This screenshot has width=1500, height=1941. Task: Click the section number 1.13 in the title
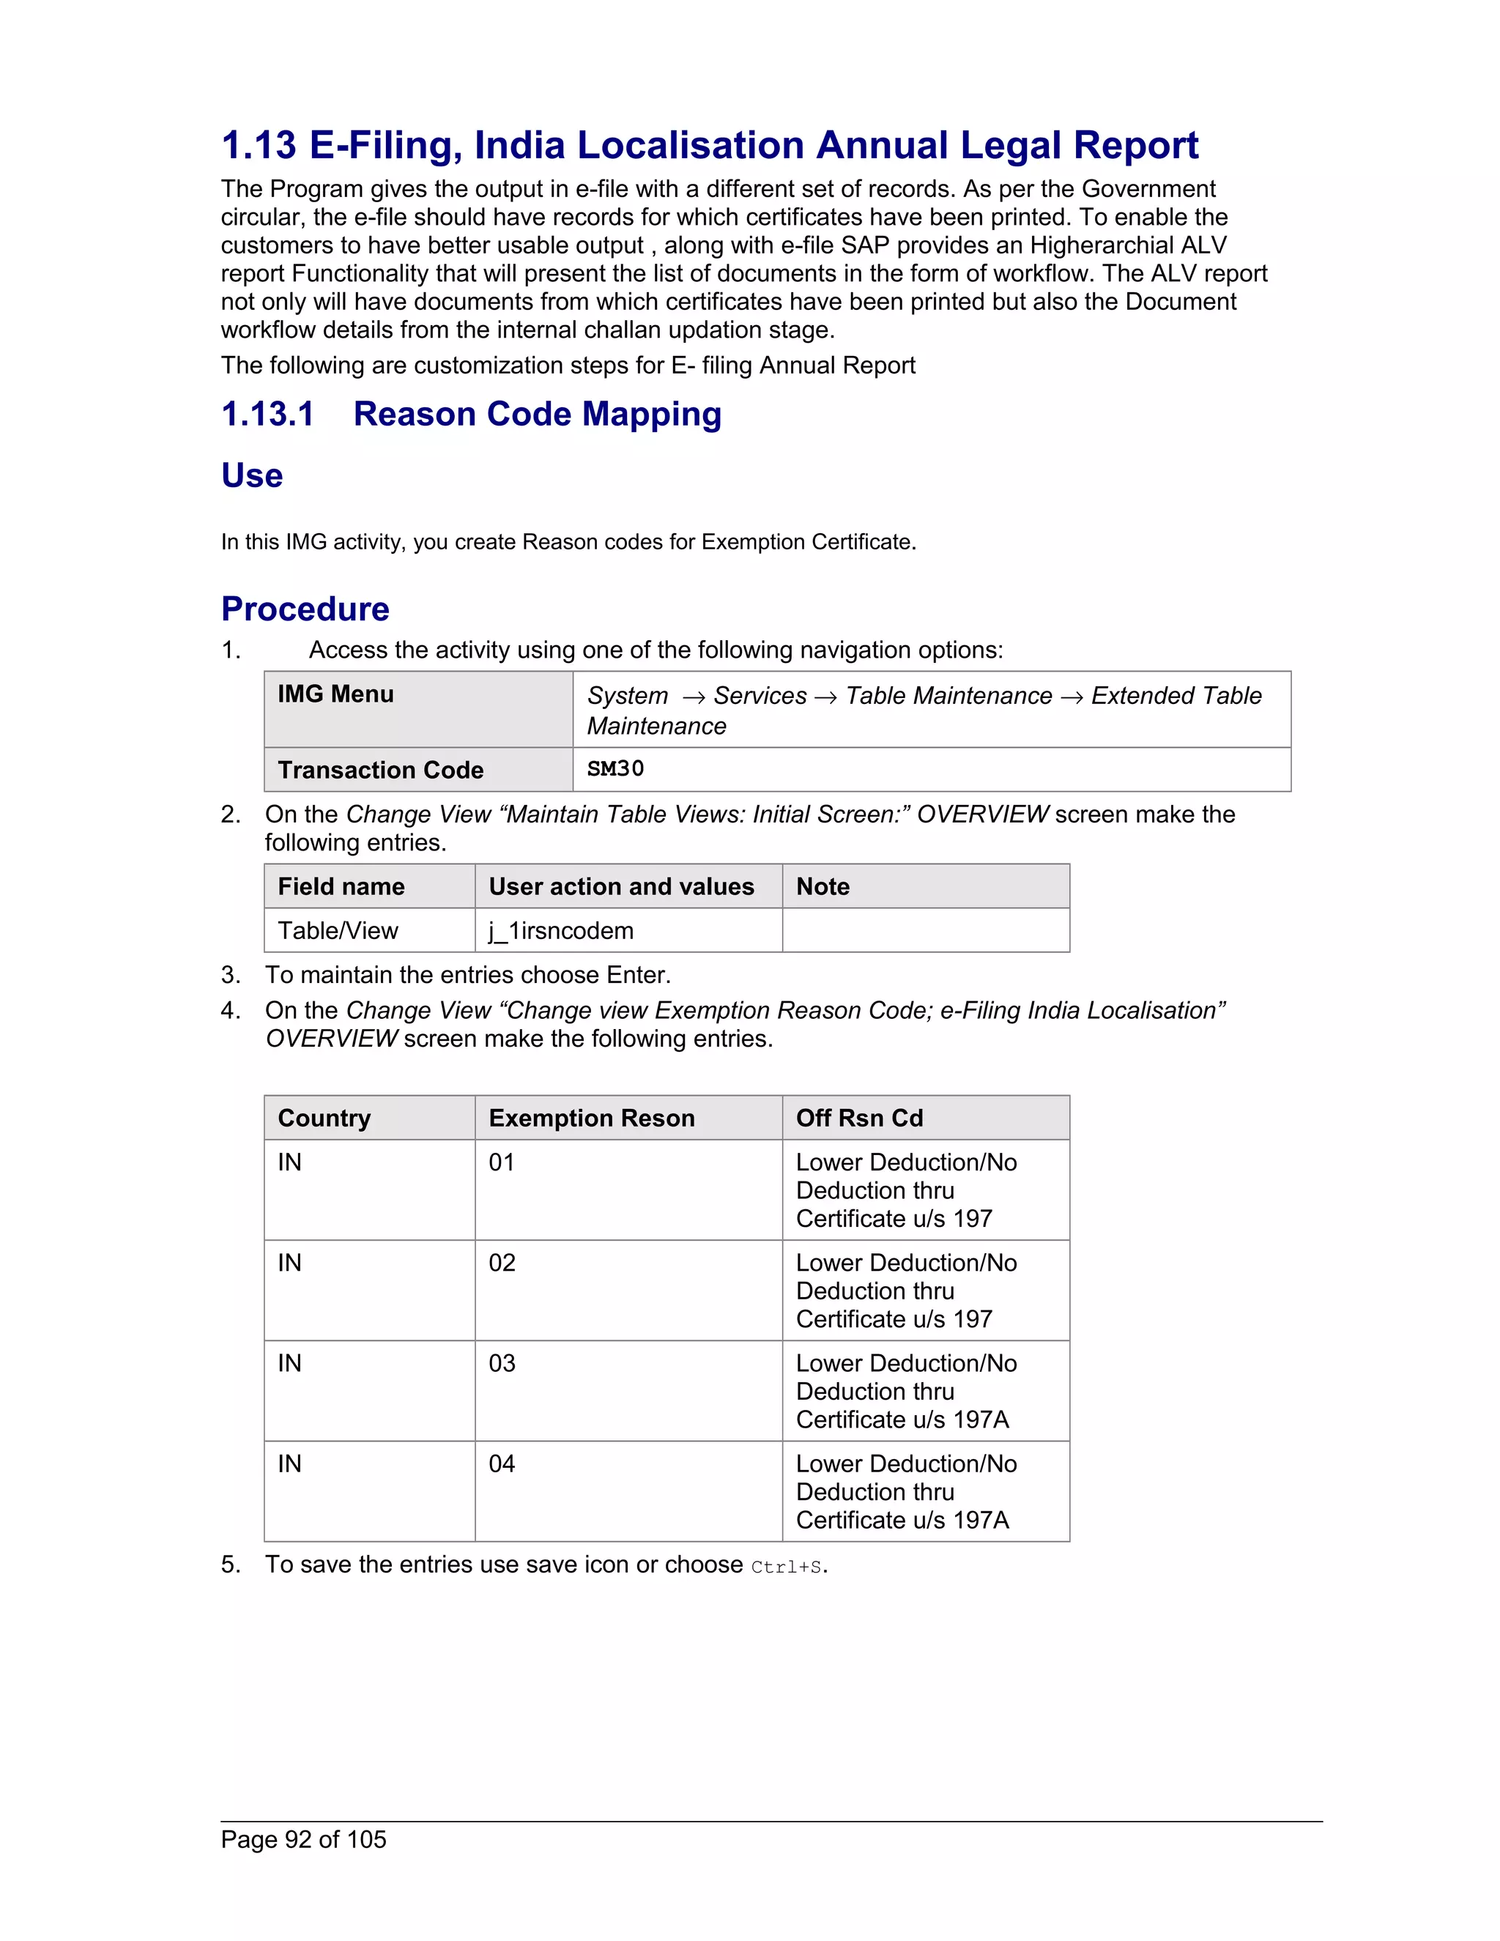(x=259, y=146)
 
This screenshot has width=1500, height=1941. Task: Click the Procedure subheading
(x=305, y=609)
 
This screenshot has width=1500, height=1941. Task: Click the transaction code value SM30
(x=615, y=769)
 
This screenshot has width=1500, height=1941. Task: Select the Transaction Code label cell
(x=380, y=770)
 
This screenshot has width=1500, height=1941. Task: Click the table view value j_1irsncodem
(x=561, y=930)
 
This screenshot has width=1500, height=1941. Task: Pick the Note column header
(x=822, y=886)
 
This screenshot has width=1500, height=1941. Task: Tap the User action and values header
(x=621, y=886)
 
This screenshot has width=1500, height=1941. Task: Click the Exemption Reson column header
(x=591, y=1118)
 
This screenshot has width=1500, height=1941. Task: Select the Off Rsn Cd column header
(x=858, y=1118)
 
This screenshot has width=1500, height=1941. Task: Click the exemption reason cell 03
(x=502, y=1363)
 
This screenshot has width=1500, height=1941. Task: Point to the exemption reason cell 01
(x=502, y=1162)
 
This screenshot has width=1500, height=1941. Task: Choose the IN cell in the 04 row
(x=290, y=1463)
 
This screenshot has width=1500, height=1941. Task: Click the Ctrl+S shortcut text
(x=786, y=1567)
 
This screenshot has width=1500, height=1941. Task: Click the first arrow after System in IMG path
(x=693, y=697)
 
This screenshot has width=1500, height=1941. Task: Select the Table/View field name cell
(x=338, y=930)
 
